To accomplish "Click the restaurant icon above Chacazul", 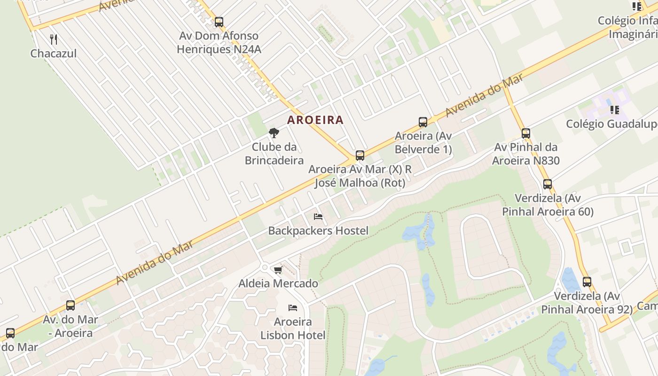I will tap(54, 39).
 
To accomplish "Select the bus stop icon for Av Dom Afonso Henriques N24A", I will tap(219, 22).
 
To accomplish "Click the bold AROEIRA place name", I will tap(315, 120).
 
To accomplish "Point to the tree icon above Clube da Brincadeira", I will tap(274, 133).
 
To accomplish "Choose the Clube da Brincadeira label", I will tap(274, 154).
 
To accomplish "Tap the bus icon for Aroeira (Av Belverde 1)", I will tap(423, 122).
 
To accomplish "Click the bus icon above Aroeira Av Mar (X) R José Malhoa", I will tap(360, 155).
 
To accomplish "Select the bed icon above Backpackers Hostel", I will tap(318, 217).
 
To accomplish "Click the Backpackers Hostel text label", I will tap(318, 231).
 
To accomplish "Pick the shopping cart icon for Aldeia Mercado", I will tap(278, 270).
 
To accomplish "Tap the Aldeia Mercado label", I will tap(278, 283).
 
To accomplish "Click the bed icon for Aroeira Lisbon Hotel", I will tap(293, 308).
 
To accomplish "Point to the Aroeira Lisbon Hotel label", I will tap(293, 329).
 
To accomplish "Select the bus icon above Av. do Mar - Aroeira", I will tap(70, 305).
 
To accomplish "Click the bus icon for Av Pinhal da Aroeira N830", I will tap(525, 133).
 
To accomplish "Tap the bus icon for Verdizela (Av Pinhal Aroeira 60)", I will tap(548, 184).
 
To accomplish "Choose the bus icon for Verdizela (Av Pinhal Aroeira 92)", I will tap(587, 282).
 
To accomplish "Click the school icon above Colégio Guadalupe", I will tap(614, 110).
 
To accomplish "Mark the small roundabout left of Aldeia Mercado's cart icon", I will tap(265, 267).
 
